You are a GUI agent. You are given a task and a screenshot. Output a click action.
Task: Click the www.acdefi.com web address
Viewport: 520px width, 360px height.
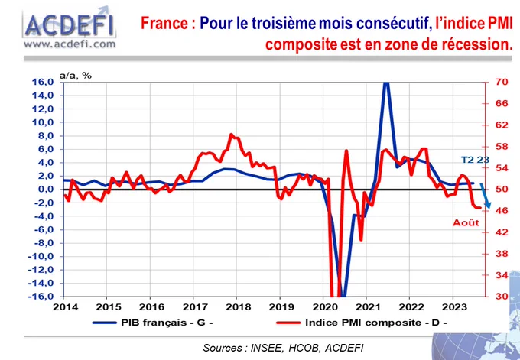69,44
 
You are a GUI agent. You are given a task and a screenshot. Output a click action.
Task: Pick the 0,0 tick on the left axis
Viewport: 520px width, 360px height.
44,189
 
